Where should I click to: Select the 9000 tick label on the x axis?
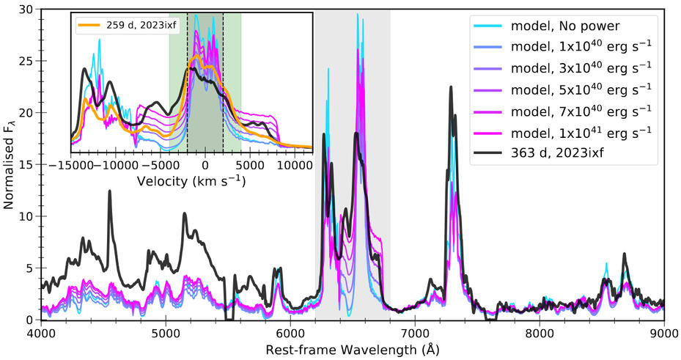tap(663, 332)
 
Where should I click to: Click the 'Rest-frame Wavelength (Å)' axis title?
tap(353, 348)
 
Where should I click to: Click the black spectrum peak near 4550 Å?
tap(110, 191)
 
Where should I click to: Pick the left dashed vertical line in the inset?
tap(187, 81)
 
